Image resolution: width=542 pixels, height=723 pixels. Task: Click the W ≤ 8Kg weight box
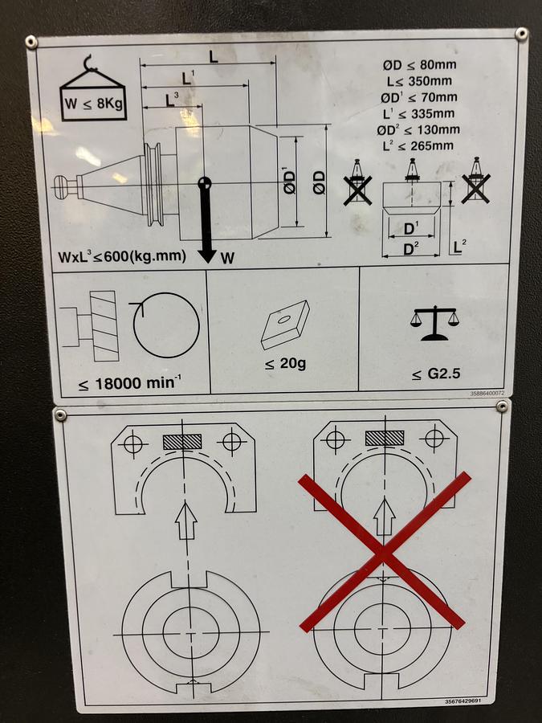tap(94, 104)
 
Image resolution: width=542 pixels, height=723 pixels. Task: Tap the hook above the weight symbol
tap(90, 63)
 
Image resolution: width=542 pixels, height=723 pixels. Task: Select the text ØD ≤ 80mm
tap(419, 64)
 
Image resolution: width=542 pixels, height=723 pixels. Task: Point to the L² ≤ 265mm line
tap(418, 145)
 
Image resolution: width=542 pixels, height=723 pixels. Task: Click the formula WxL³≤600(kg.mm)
tap(122, 256)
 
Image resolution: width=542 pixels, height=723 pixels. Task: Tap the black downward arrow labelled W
tap(206, 222)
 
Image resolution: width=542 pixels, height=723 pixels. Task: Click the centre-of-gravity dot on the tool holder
tap(205, 183)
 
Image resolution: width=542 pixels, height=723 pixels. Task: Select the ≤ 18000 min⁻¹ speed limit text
tap(129, 382)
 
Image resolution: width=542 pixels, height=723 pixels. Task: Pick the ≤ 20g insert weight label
tap(285, 364)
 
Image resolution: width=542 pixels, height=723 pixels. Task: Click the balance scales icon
tap(434, 323)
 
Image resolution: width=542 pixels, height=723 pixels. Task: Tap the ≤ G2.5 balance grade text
tap(436, 374)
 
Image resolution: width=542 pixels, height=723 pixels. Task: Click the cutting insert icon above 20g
tap(284, 325)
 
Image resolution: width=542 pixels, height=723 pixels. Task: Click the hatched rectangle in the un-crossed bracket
tap(182, 441)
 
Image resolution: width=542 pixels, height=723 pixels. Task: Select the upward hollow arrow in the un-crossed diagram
tap(186, 521)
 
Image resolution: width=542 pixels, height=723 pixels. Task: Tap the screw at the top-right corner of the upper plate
tap(521, 34)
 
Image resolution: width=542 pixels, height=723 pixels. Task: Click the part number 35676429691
tap(463, 701)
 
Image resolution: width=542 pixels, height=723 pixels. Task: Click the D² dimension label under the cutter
tap(411, 249)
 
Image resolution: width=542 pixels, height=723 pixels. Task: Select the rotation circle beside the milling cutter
tap(166, 325)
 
